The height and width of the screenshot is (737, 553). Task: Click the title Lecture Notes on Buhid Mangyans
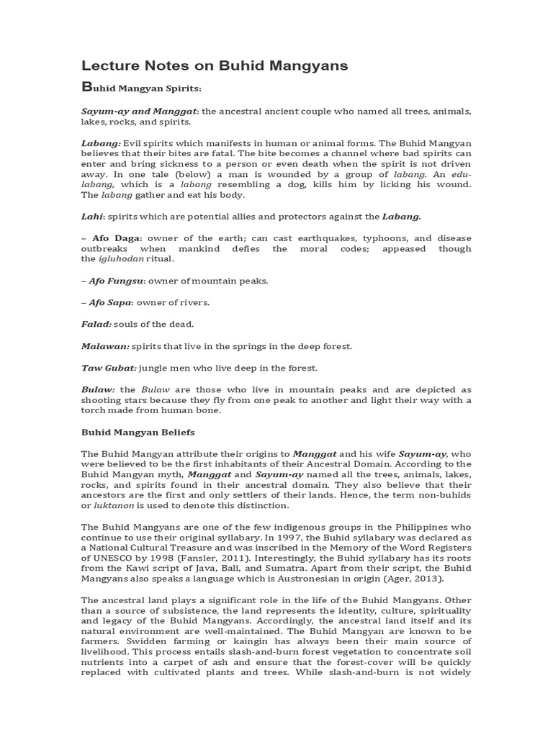214,65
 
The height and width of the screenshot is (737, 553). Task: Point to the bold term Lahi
91,216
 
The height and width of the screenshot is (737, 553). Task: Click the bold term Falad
96,324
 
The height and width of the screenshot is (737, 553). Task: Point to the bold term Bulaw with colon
97,389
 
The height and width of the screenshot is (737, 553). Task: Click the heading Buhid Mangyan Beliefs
138,433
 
